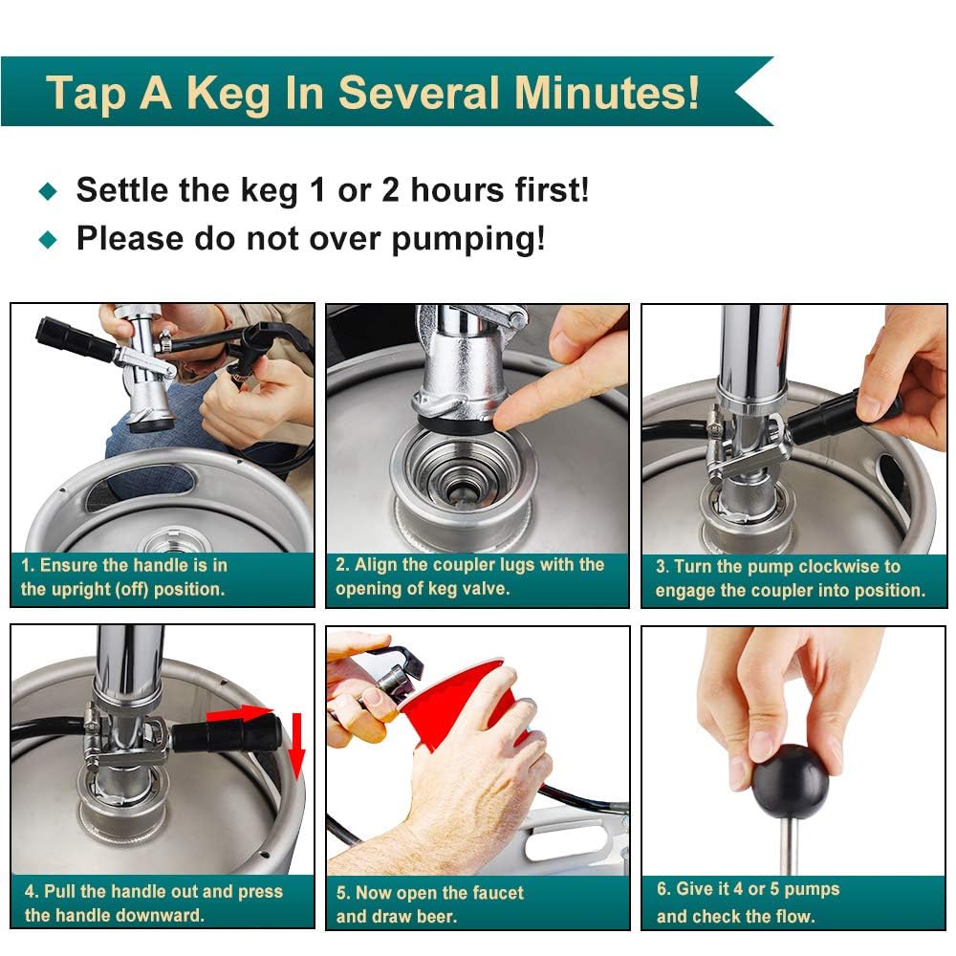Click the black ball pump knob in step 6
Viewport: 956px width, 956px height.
pyautogui.click(x=788, y=779)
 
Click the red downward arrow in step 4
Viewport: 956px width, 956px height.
pyautogui.click(x=296, y=745)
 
